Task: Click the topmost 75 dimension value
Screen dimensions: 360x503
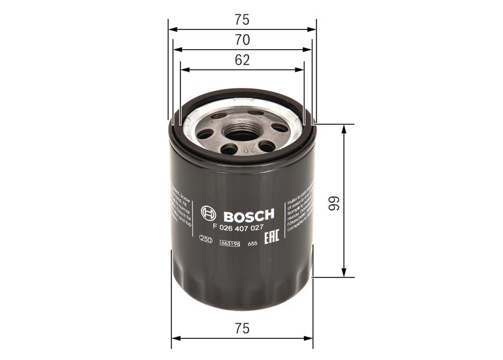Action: click(242, 20)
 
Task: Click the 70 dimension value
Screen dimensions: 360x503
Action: click(242, 40)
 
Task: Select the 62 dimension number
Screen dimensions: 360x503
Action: click(242, 60)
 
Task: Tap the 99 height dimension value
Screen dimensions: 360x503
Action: click(334, 202)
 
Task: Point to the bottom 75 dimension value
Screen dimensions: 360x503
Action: click(242, 328)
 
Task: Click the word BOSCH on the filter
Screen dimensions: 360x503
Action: click(248, 214)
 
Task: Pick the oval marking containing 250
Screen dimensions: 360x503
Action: click(205, 240)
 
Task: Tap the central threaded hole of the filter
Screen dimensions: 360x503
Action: click(242, 133)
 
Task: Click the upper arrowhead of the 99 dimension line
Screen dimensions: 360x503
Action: click(344, 128)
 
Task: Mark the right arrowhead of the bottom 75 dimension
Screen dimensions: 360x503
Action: click(312, 338)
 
